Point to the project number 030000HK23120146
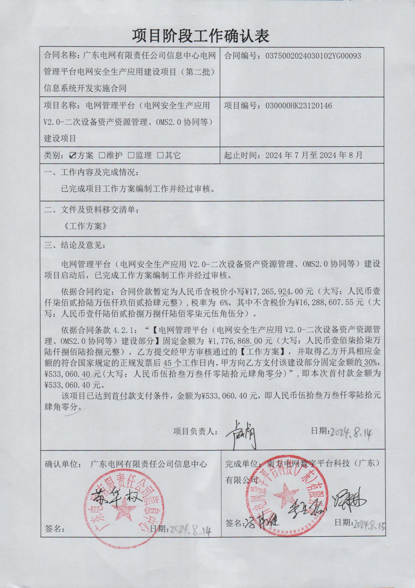pyautogui.click(x=296, y=106)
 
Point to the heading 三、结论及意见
pyautogui.click(x=75, y=245)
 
